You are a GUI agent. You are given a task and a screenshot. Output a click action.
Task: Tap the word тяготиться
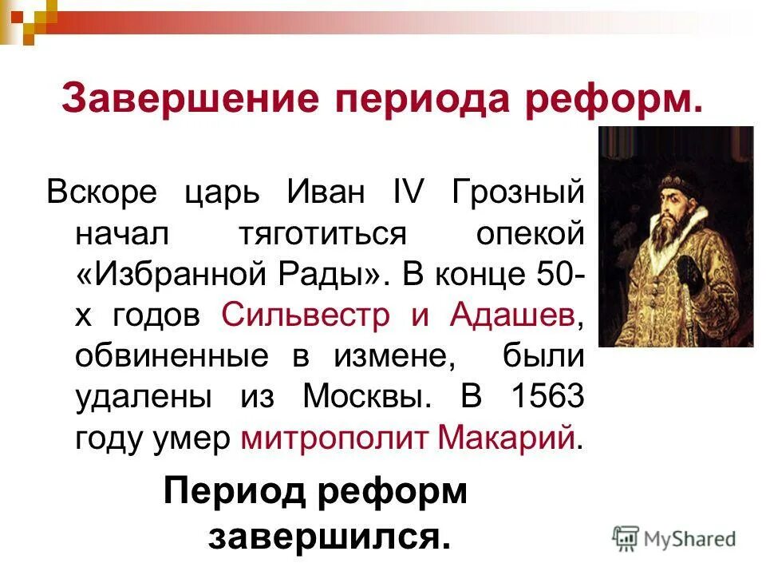tap(325, 235)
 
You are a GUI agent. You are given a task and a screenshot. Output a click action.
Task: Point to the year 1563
tap(551, 397)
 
